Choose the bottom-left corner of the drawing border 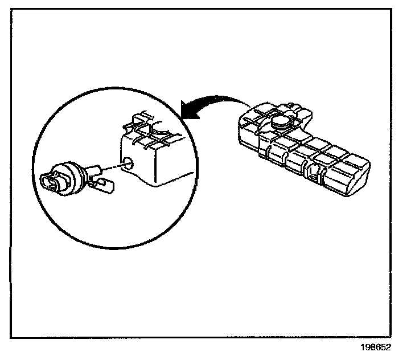coord(11,337)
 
